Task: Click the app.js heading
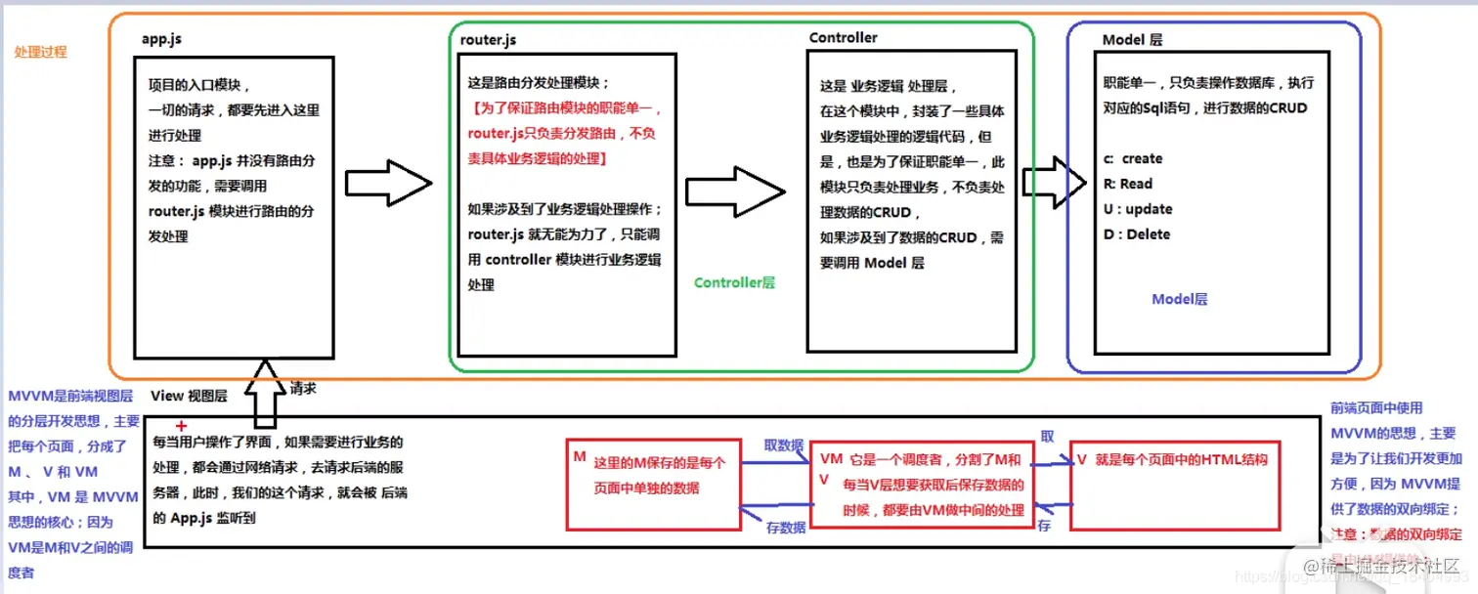tap(161, 40)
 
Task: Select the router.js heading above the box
tap(488, 40)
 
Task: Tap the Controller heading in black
tap(843, 37)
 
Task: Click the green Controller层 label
tap(734, 282)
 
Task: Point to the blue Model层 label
tap(1179, 299)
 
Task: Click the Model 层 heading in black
tap(1132, 40)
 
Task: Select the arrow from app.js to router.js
tap(388, 182)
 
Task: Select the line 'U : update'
tap(1137, 209)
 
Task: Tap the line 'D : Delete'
tap(1136, 234)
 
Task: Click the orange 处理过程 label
tap(41, 52)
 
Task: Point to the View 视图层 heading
tap(189, 396)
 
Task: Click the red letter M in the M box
tap(579, 456)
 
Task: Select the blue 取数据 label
tap(784, 445)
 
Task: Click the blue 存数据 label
tap(786, 528)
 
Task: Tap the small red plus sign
tap(181, 427)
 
